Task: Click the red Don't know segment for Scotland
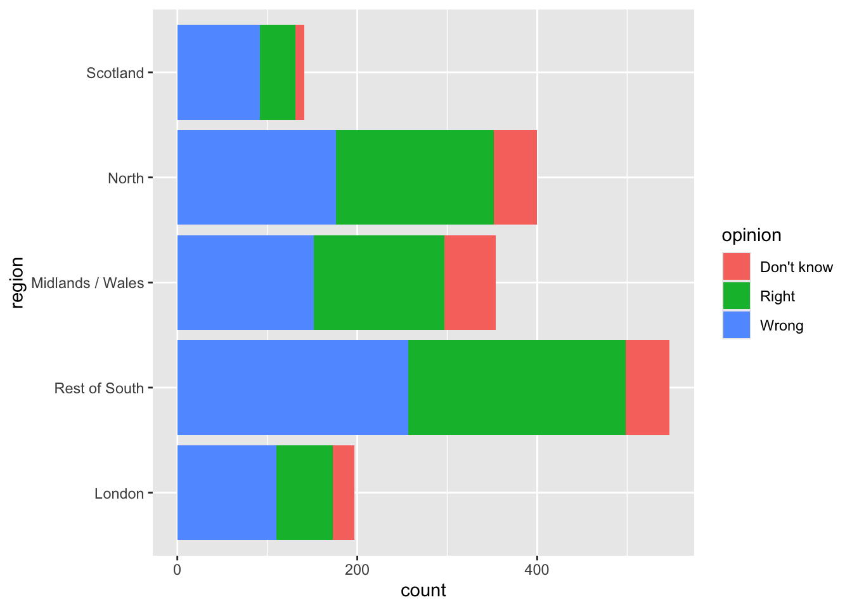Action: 300,72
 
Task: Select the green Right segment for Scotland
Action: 278,72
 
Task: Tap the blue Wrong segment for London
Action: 226,492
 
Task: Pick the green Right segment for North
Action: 415,177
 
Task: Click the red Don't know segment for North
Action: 515,177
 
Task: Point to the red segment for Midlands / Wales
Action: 470,282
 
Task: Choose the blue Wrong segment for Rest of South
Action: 292,388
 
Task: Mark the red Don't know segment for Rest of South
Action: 647,388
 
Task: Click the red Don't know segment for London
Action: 344,492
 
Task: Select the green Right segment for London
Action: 304,492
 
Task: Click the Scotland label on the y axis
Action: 115,73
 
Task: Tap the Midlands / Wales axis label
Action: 87,283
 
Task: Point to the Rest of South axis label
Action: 99,388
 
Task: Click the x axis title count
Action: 423,591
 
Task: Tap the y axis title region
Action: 17,282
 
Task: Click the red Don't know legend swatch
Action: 737,266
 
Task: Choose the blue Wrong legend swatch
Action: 737,325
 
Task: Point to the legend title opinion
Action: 751,235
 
